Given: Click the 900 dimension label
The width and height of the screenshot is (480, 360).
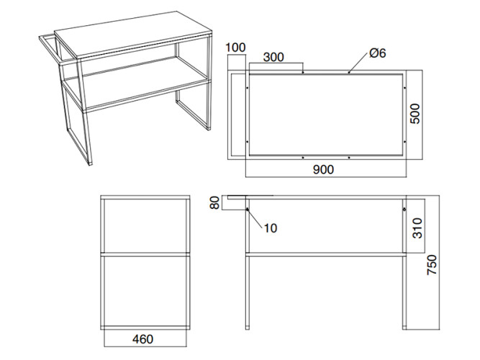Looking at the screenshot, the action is [x=323, y=169].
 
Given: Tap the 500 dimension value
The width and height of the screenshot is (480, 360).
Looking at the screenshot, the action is [x=415, y=114].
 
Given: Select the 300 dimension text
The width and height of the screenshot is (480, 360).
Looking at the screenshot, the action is [x=273, y=57].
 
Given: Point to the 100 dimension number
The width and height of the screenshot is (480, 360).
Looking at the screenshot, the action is [x=235, y=48].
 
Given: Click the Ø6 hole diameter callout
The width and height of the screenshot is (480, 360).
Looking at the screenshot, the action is [x=377, y=53].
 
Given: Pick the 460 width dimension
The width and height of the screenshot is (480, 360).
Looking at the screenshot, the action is [x=142, y=339].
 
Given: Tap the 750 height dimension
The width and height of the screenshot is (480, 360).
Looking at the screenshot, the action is [x=433, y=265].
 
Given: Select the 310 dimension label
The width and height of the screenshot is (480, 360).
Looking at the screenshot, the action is [x=417, y=228].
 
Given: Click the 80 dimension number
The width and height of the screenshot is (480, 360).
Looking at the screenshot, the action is [x=215, y=202].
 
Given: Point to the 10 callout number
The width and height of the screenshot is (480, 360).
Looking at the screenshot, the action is [x=271, y=228].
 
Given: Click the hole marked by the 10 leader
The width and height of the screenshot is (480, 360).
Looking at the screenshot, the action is [x=248, y=210].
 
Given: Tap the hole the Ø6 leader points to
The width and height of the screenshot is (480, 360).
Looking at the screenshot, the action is [x=349, y=73].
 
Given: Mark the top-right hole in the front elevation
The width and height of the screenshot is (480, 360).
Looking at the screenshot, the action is [x=404, y=210].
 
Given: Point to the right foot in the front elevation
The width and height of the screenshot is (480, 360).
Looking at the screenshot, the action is [x=404, y=328].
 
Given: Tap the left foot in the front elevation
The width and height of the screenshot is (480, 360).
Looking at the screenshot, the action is [x=248, y=328].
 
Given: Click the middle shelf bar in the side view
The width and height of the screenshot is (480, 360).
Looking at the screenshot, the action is [x=145, y=254].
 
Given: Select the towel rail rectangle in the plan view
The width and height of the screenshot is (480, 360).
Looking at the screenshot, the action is [x=237, y=115].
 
